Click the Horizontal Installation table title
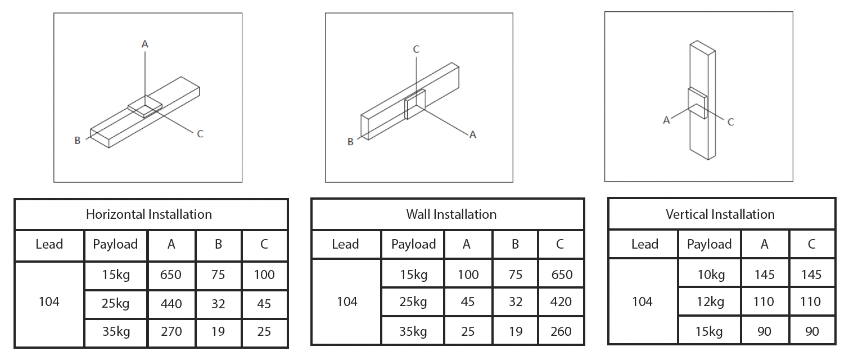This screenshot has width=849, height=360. [x=149, y=214]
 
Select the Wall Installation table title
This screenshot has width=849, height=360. [x=451, y=214]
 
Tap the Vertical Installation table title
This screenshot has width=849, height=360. [x=720, y=214]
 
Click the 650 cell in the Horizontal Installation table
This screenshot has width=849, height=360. [x=171, y=274]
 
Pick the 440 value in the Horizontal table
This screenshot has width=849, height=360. [x=171, y=304]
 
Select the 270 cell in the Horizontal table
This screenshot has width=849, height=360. [x=171, y=331]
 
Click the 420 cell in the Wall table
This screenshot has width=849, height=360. [x=560, y=302]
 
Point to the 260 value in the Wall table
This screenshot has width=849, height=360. [x=560, y=331]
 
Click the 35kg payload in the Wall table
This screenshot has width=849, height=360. [x=413, y=331]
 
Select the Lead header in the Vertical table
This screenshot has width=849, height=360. [x=644, y=244]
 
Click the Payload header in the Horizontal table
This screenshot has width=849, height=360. [x=115, y=244]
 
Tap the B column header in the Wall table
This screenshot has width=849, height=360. [x=515, y=244]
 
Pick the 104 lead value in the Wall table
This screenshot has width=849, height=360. [x=347, y=302]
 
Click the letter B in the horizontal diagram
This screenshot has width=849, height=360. [x=78, y=141]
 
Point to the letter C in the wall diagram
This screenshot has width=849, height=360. [x=416, y=49]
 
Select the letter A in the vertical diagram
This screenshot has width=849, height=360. [x=667, y=120]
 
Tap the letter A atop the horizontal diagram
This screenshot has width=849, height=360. [x=145, y=43]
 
